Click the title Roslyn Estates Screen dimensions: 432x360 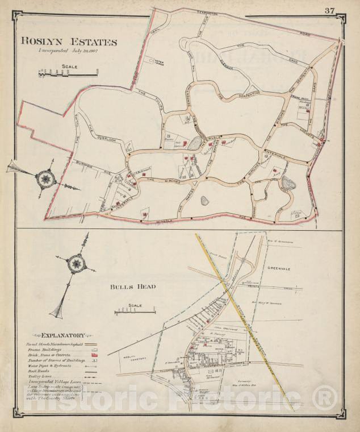click(x=69, y=41)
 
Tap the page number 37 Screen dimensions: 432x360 click(x=329, y=10)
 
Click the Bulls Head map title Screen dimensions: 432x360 click(x=133, y=286)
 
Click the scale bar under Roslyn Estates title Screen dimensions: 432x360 click(x=68, y=72)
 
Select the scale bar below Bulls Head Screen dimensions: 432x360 click(x=135, y=311)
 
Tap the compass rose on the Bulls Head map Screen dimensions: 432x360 click(x=74, y=264)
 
